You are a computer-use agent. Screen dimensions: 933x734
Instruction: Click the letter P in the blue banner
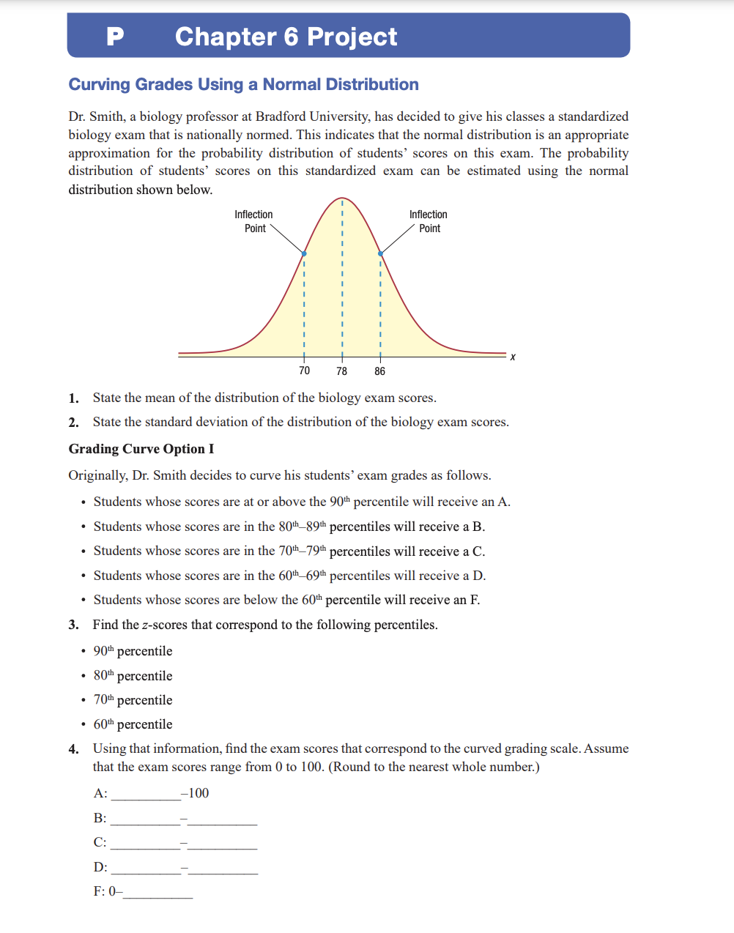pos(115,36)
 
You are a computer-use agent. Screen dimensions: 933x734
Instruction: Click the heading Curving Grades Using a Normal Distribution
pos(243,84)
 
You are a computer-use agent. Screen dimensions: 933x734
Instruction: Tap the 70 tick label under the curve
pos(304,371)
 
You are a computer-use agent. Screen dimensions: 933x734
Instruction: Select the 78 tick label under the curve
pos(341,371)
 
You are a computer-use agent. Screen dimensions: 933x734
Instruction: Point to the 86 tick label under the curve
pos(379,371)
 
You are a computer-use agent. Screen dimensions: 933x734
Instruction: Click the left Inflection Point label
pos(253,221)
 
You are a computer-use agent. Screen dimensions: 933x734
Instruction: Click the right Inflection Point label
pos(429,221)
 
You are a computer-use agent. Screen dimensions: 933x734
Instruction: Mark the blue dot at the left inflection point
pos(304,254)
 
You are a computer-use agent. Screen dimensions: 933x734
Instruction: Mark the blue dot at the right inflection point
pos(380,254)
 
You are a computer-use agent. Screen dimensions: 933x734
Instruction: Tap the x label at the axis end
pos(513,357)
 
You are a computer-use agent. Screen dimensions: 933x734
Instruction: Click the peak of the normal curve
pos(341,198)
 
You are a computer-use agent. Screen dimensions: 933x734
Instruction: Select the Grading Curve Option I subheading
pos(141,449)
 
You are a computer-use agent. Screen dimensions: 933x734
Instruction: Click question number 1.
pos(73,398)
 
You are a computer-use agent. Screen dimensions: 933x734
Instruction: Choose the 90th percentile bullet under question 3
pos(133,651)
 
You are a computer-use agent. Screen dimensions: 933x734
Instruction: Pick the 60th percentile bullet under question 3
pos(133,724)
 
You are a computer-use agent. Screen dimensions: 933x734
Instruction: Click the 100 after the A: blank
pos(199,793)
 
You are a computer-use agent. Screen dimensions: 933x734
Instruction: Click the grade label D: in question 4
pos(100,867)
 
